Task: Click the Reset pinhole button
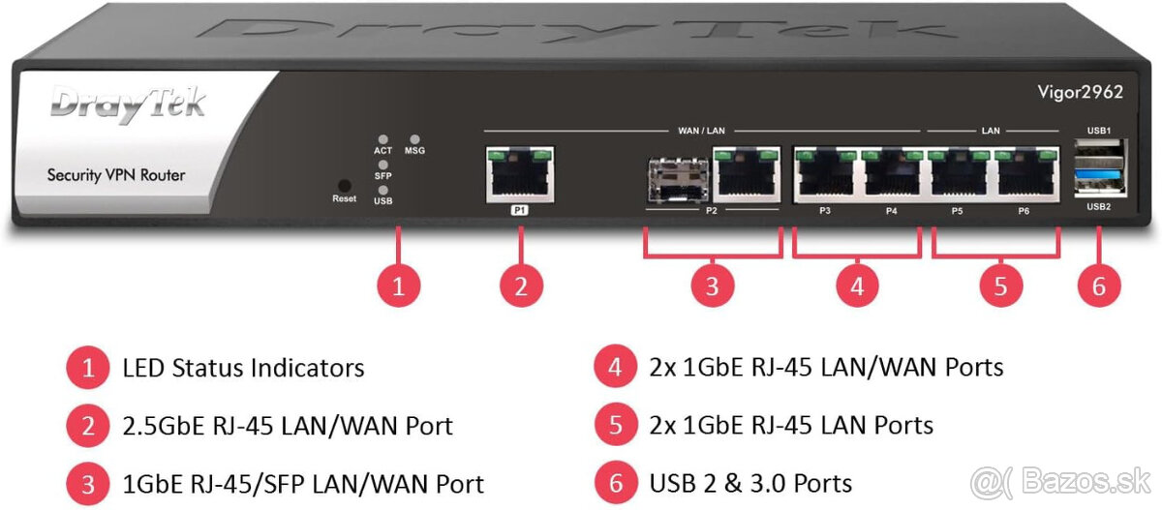[345, 185]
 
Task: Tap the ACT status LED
[382, 139]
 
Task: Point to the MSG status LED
[414, 139]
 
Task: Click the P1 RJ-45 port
[520, 174]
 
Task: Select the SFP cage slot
[679, 179]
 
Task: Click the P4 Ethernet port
[891, 174]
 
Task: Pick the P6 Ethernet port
[1026, 174]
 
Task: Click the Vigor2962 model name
[1081, 92]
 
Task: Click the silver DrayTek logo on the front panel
[128, 105]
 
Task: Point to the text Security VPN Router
[116, 175]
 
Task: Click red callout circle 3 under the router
[713, 286]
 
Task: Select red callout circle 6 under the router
[1099, 286]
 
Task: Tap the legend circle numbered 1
[88, 368]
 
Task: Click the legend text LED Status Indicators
[243, 368]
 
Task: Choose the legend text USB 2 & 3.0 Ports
[750, 483]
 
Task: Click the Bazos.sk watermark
[1060, 482]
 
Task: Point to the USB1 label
[1099, 131]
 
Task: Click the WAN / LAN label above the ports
[701, 131]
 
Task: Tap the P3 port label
[825, 210]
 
